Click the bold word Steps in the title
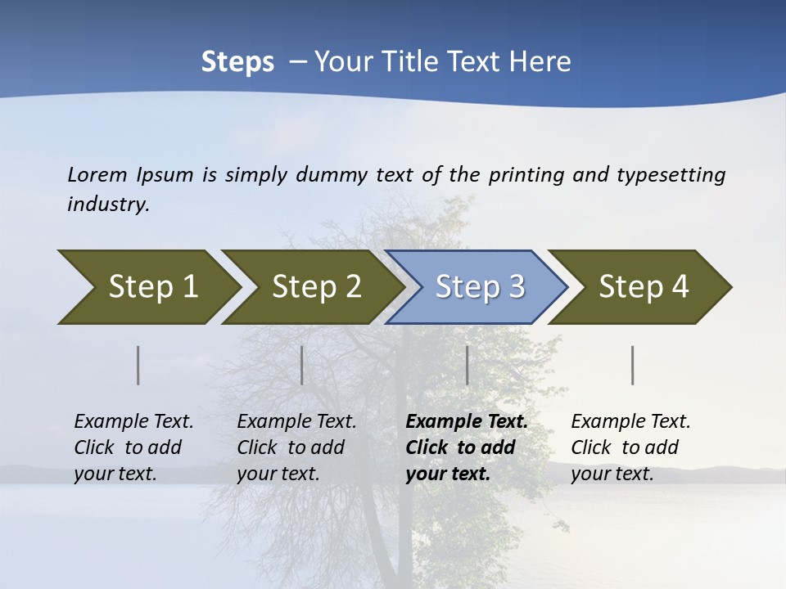(237, 62)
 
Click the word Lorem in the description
(97, 174)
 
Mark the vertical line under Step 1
(138, 365)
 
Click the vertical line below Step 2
(302, 365)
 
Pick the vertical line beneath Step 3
(467, 365)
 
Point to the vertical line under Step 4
(633, 365)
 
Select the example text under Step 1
(133, 447)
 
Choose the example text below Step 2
(296, 447)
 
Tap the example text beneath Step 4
(630, 447)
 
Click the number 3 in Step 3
(516, 287)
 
